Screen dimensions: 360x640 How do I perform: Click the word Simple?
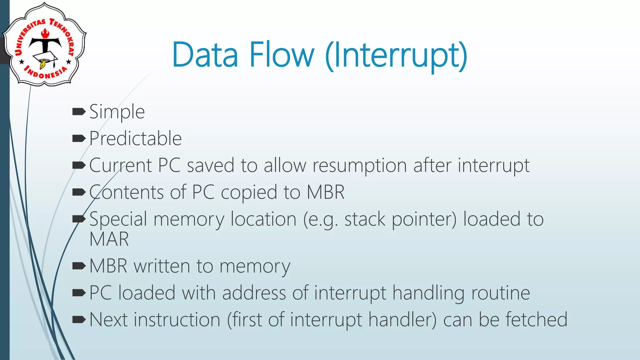(117, 112)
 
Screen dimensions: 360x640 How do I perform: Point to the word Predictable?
(135, 138)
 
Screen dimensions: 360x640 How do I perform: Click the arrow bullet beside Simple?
(78, 112)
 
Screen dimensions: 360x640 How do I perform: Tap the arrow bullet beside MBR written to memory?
(78, 266)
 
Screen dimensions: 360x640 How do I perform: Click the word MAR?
(109, 239)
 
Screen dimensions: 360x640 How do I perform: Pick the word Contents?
(126, 192)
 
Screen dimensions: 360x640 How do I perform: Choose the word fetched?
(536, 320)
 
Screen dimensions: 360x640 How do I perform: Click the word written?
(162, 266)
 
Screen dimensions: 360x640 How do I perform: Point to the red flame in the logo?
(46, 33)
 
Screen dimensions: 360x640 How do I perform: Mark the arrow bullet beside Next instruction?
(78, 319)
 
